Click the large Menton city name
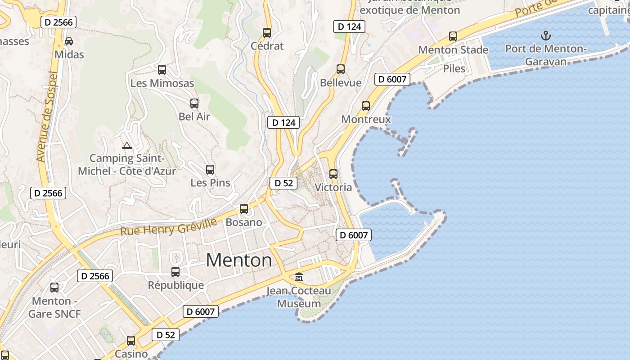[239, 260]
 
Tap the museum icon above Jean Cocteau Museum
[299, 277]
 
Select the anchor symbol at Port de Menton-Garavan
[545, 35]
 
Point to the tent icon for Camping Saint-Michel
[126, 145]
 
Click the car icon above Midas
[69, 41]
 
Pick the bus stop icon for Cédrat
[267, 33]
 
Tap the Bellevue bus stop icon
[341, 69]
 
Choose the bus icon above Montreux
[366, 106]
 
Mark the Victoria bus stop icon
[333, 174]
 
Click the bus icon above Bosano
[244, 209]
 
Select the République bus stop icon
[175, 272]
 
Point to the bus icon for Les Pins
[210, 170]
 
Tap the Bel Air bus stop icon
[194, 103]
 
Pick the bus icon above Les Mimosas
[162, 70]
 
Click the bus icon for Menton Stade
[453, 36]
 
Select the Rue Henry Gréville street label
[168, 226]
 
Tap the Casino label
[131, 354]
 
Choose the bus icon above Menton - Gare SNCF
[54, 288]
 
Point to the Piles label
[454, 68]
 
